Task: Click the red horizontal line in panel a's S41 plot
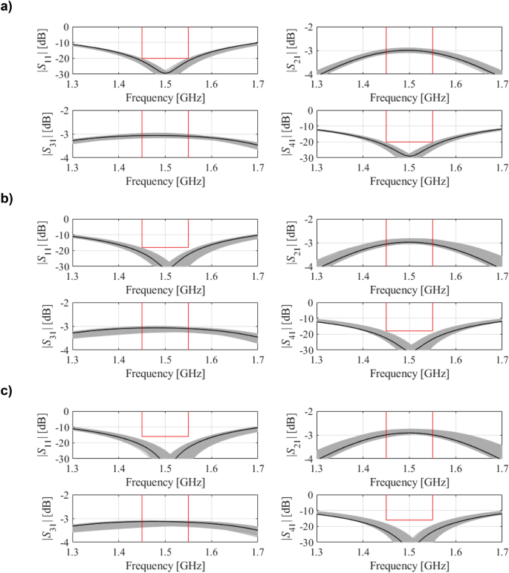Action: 409,142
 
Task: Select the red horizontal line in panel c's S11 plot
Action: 165,436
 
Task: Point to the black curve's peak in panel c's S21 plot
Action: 409,433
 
